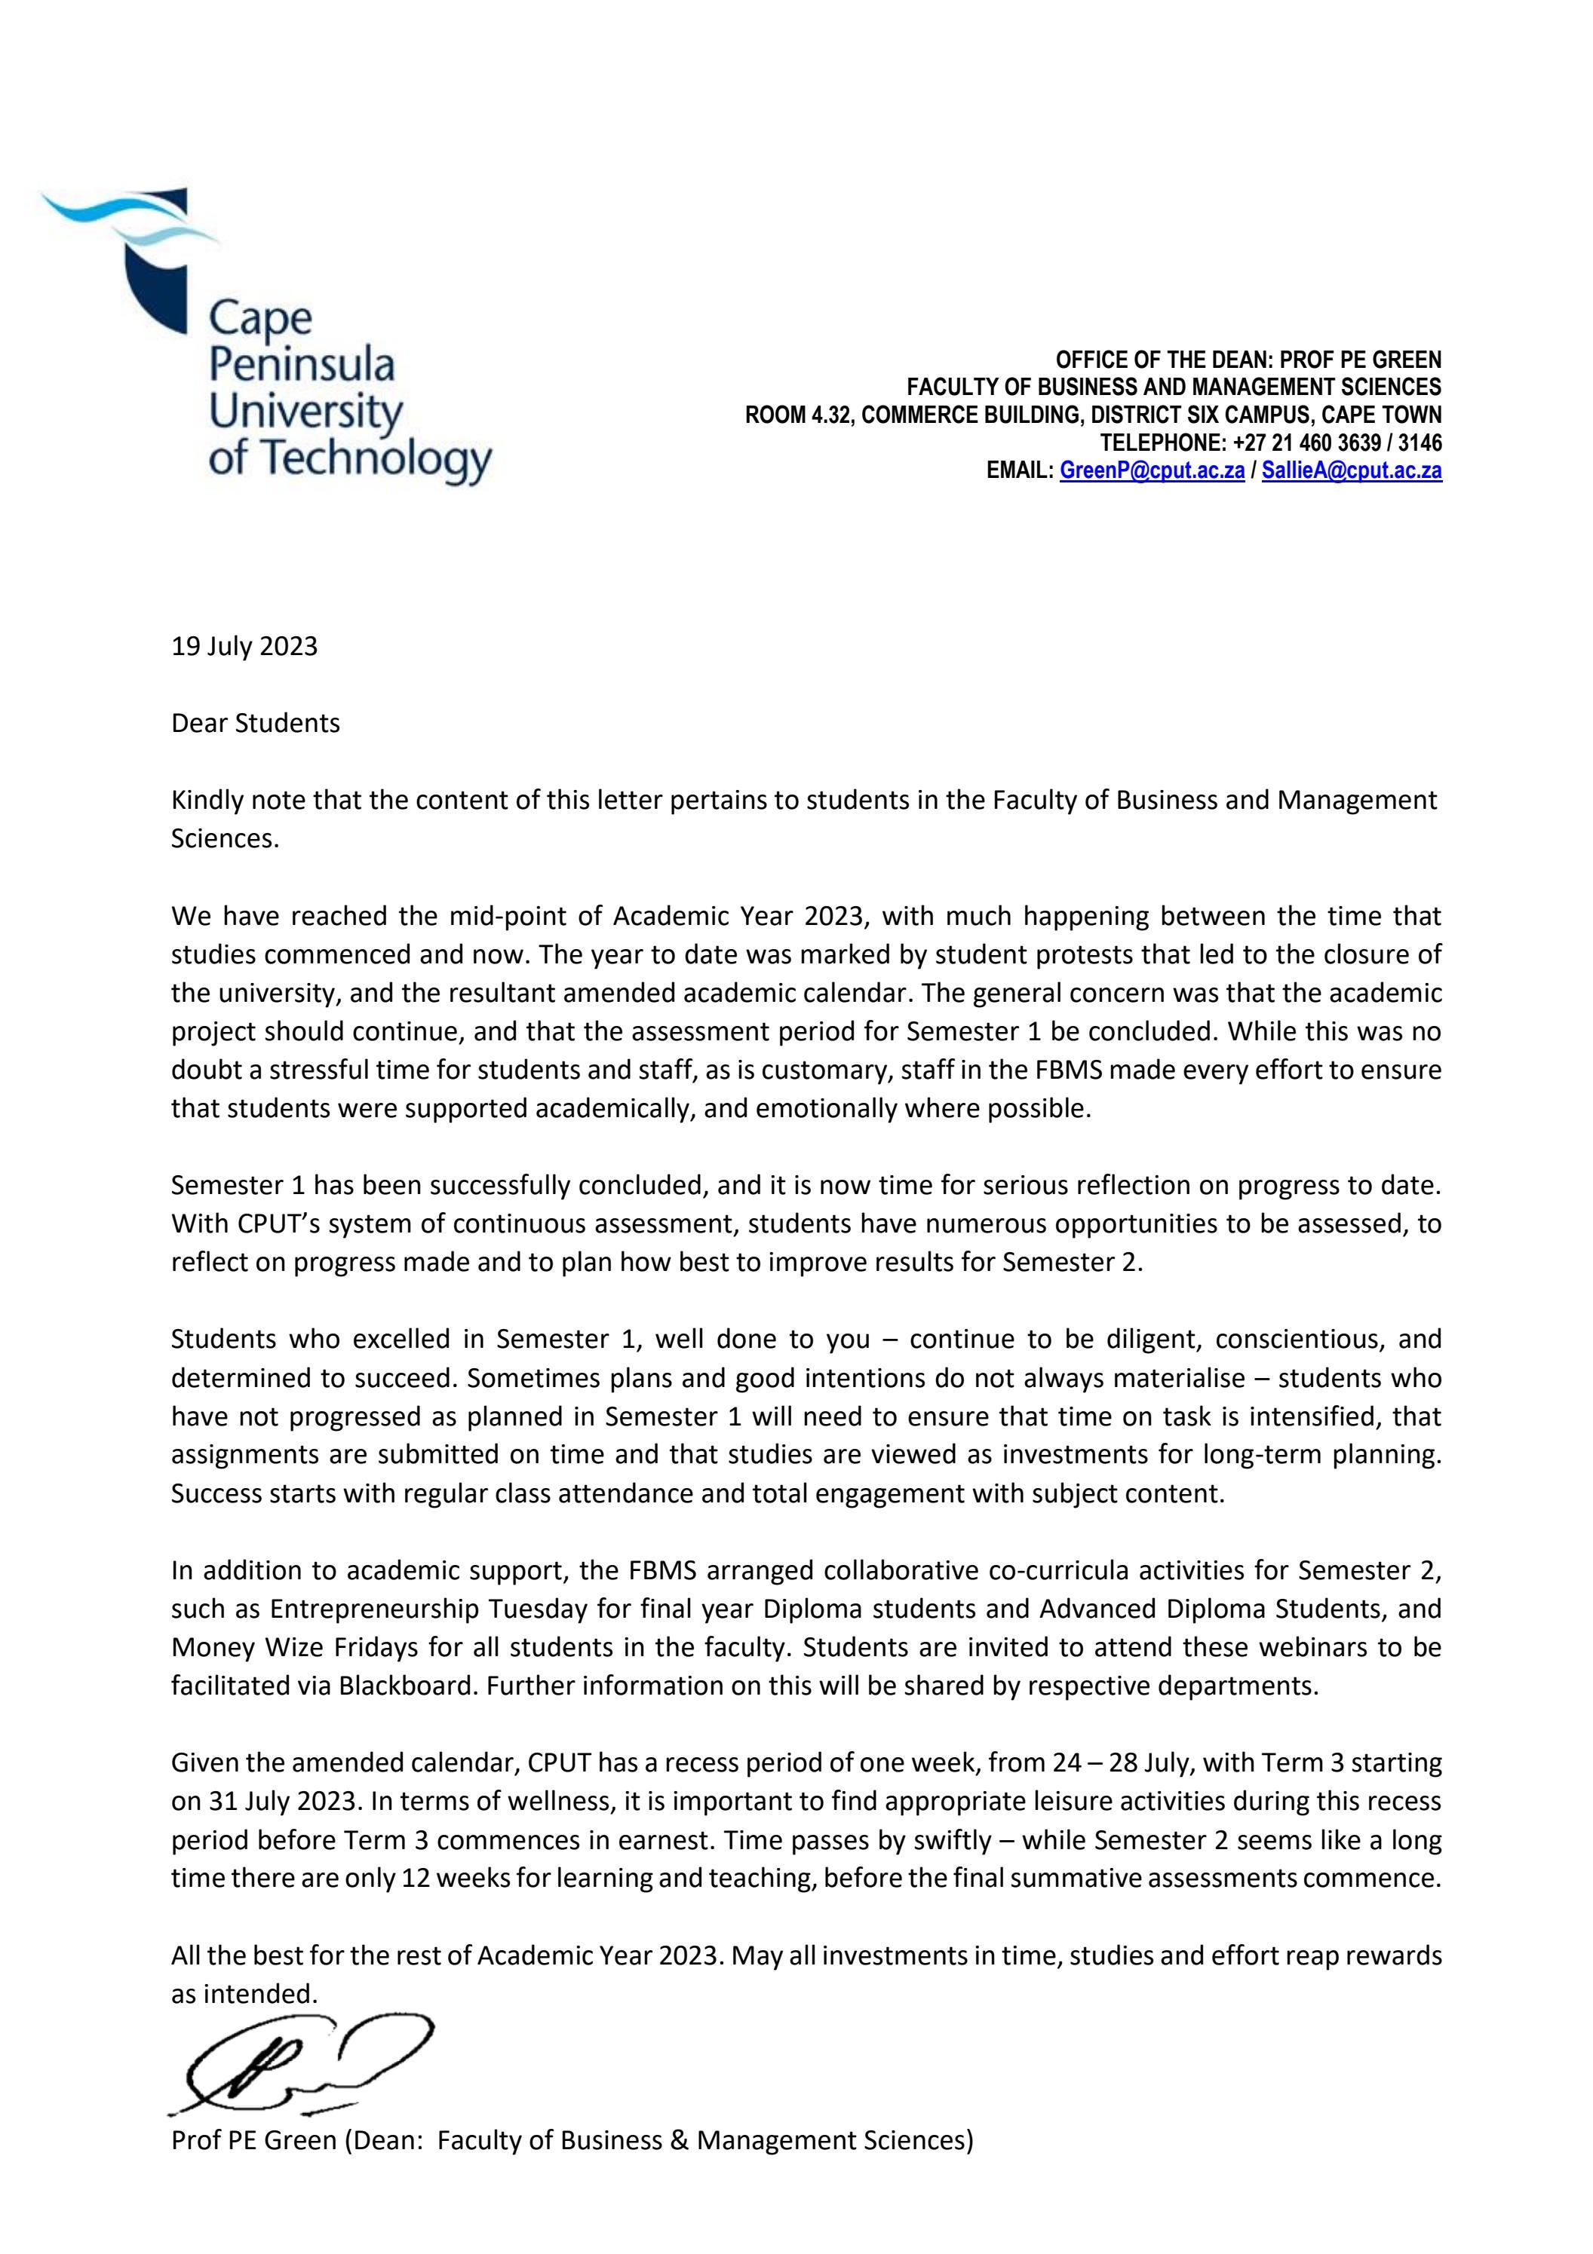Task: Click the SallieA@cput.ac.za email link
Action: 1352,471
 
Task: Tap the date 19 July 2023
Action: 244,646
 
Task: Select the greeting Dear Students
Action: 256,724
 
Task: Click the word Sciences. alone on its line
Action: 225,839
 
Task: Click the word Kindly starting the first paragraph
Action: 206,800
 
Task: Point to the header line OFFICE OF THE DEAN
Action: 1248,360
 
